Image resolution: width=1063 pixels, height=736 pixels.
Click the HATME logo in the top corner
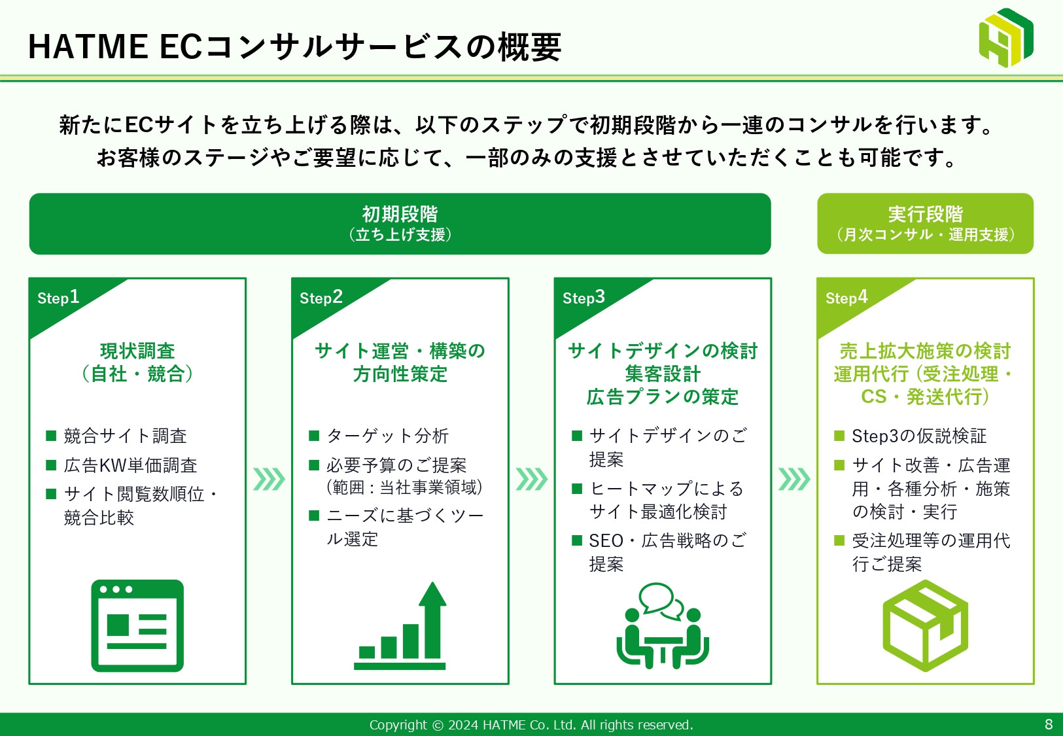coord(1005,38)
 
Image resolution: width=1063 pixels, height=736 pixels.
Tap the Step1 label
coord(58,298)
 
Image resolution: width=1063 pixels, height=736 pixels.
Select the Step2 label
coord(321,298)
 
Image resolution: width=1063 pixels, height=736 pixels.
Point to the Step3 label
coord(584,298)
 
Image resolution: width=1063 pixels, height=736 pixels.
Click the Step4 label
coord(846,298)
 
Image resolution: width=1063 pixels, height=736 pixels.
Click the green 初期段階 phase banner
coord(400,224)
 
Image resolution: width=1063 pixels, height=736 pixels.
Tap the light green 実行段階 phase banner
coord(925,224)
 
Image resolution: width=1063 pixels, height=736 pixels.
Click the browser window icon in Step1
coord(137,625)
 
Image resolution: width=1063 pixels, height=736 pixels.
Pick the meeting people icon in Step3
coord(662,626)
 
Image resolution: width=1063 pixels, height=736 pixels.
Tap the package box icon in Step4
coord(925,626)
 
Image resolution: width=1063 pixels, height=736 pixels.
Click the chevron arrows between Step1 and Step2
coord(269,479)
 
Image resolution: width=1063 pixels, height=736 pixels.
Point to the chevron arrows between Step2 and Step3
coord(532,479)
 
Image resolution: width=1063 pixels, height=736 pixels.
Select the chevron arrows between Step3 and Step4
coord(794,479)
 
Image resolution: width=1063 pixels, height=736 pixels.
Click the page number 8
coord(1049,724)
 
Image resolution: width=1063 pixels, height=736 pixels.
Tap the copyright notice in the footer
coord(531,725)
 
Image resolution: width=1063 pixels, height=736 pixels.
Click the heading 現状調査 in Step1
coord(137,351)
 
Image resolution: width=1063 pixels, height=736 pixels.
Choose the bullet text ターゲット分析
coord(387,436)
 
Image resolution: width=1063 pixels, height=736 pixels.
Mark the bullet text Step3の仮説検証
coord(918,436)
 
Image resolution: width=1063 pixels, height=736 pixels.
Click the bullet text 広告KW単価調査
coord(130,465)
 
